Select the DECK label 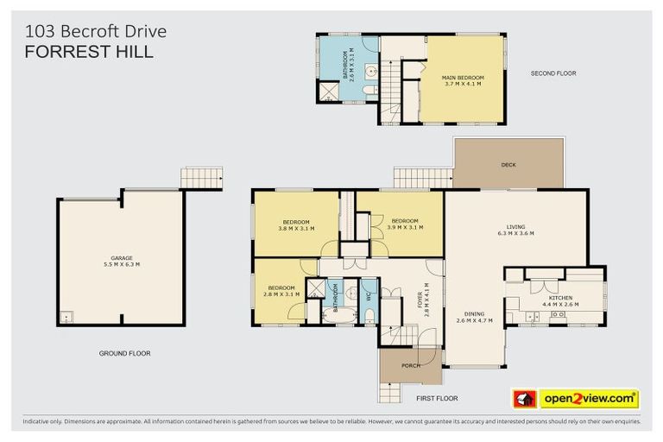[508, 165]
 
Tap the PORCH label [411, 365]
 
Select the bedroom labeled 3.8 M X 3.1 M [296, 224]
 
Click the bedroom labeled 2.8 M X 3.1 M [282, 291]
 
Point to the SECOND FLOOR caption [552, 73]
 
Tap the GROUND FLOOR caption [124, 353]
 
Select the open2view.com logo [589, 399]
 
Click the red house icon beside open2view [524, 399]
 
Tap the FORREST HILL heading [90, 52]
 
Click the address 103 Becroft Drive [96, 31]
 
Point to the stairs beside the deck [422, 178]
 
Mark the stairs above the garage [201, 178]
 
